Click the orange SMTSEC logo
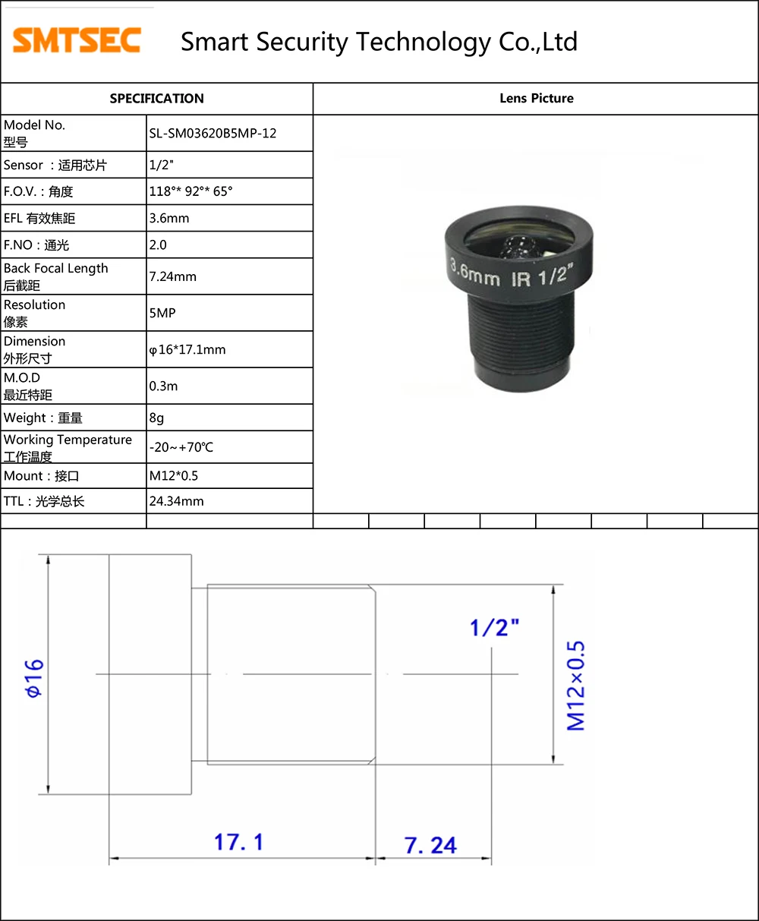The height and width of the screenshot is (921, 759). pos(77,40)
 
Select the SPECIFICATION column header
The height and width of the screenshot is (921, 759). pos(156,99)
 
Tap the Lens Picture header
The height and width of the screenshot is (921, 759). pos(536,99)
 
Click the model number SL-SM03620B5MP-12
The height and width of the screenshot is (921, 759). pos(213,134)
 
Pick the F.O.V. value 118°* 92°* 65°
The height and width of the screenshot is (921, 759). pos(191,191)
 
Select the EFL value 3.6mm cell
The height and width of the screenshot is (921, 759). pos(169,219)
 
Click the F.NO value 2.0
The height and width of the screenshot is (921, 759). pos(158,245)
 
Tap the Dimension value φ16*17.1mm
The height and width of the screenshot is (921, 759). pos(187,350)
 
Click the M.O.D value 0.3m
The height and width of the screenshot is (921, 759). pos(163,386)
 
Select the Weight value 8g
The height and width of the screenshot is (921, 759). pos(156,418)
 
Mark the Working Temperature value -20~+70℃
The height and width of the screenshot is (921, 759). pos(181,447)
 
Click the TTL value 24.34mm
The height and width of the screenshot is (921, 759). pos(176,501)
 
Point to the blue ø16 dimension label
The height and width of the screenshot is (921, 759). pos(34,678)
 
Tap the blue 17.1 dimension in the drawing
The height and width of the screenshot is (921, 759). pos(238,842)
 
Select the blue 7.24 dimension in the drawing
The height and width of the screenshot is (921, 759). pos(430,845)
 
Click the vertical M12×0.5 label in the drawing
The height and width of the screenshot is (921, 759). pos(577,686)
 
